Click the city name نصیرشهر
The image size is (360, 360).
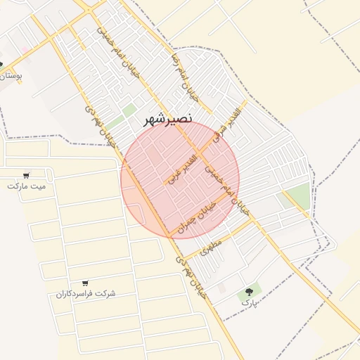167,119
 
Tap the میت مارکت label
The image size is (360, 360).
26,186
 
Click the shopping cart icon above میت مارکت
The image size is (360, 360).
26,175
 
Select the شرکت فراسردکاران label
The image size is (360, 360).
86,293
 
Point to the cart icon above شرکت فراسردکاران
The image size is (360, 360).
85,283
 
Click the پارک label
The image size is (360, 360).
250,302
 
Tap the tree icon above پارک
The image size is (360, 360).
249,292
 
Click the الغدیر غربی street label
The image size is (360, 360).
179,169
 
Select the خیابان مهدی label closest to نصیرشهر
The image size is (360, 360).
101,127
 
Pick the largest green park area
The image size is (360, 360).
299,195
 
